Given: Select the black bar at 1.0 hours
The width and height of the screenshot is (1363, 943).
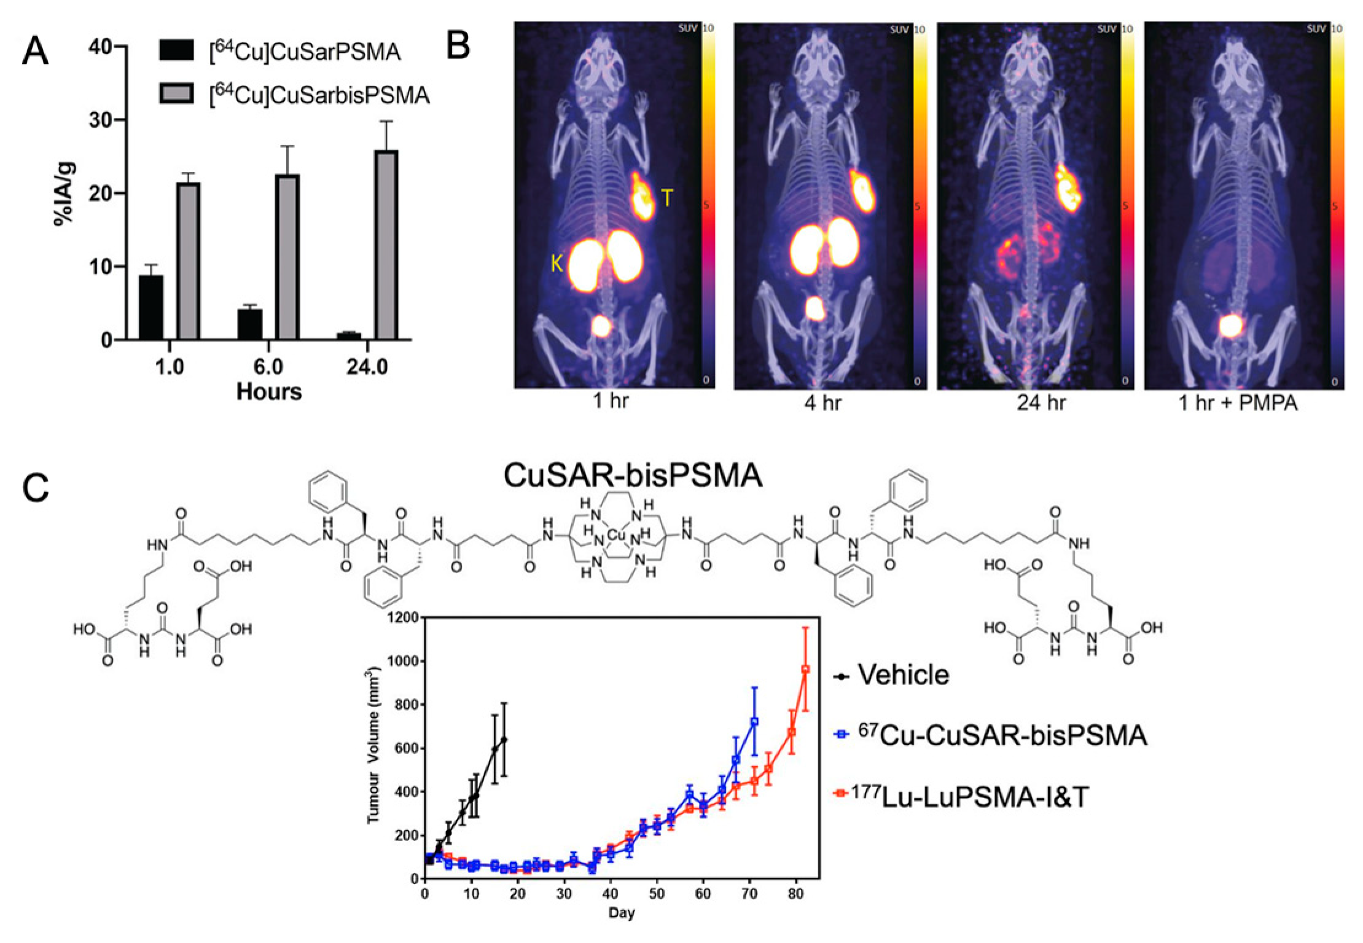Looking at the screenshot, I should coord(151,307).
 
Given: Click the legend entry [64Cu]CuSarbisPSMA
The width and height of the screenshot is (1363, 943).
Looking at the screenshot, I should coord(318,95).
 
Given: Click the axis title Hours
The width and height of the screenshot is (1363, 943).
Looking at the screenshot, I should coord(269,391).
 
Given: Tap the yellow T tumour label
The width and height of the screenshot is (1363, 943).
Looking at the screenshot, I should coord(666,198).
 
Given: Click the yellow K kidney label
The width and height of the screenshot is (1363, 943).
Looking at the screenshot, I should coord(557,264).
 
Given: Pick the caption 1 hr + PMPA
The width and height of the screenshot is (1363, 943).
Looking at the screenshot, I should coord(1238,404).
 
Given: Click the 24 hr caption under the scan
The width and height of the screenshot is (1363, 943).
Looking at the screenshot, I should coord(1041,403).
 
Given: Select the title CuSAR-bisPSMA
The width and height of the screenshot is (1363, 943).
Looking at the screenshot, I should coord(633,475).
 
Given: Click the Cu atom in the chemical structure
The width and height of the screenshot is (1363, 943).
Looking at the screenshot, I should coord(617,535).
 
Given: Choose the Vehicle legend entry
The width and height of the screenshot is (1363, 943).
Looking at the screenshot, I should coord(903,675).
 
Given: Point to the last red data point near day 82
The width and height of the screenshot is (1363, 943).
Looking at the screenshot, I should coord(806,669).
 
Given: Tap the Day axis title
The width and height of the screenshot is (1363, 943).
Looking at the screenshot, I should coord(622,913).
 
